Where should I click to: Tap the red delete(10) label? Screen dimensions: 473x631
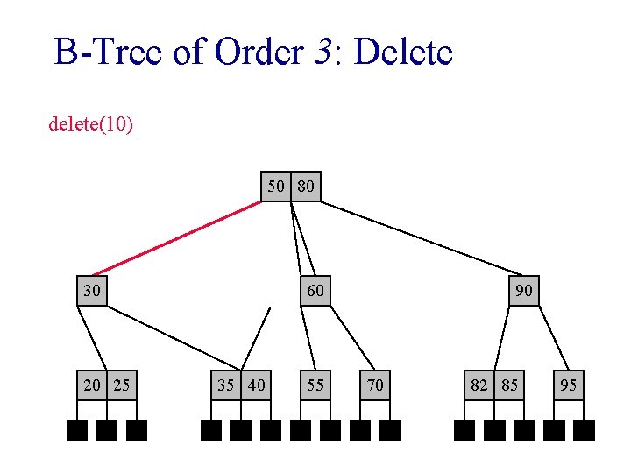pyautogui.click(x=91, y=124)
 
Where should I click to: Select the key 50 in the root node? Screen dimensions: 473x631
pyautogui.click(x=277, y=186)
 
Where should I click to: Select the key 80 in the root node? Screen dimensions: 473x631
pyautogui.click(x=306, y=186)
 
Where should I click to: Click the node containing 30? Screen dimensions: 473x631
pyautogui.click(x=92, y=290)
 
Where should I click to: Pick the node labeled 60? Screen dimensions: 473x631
pyautogui.click(x=315, y=290)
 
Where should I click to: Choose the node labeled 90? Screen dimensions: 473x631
pyautogui.click(x=524, y=290)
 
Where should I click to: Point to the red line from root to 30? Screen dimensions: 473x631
pyautogui.click(x=175, y=238)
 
